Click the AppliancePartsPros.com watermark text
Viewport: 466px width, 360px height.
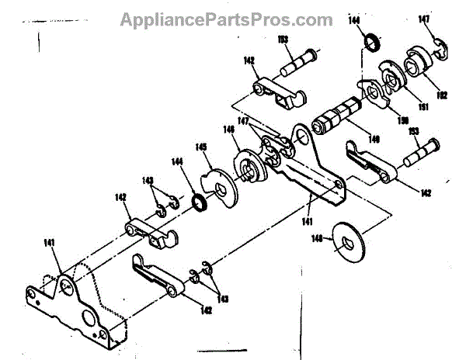226,19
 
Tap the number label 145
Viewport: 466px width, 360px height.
200,147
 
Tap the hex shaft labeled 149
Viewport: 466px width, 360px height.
335,119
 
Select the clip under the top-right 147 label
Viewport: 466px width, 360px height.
436,47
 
